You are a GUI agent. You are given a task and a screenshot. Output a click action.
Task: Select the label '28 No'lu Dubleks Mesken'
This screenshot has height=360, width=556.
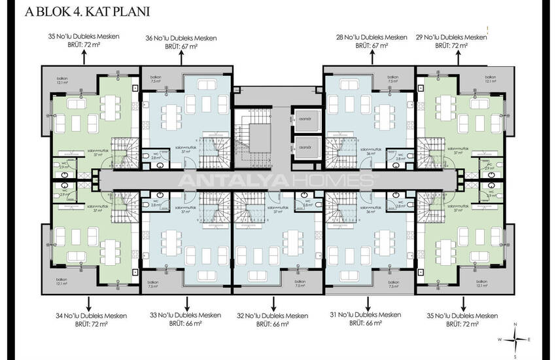[372, 38]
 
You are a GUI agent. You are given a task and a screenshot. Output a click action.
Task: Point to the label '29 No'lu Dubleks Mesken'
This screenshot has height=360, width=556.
[451, 37]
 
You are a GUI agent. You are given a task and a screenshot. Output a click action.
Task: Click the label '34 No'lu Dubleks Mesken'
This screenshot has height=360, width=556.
[91, 315]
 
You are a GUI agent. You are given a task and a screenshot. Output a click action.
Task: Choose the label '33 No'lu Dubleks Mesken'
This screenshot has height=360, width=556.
[186, 315]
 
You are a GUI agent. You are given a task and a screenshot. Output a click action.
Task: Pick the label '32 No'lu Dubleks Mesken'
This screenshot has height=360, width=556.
[273, 315]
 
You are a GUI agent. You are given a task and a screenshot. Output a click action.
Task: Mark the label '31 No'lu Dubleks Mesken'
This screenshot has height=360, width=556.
[366, 315]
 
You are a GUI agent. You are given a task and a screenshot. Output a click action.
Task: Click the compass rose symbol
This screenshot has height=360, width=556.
[516, 339]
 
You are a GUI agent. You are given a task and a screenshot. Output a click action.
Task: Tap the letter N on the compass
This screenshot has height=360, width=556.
[516, 325]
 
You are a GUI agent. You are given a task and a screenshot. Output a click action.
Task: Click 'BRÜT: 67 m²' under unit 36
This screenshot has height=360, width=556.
[181, 46]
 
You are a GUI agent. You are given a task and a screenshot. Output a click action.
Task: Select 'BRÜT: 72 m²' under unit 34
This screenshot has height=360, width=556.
[91, 324]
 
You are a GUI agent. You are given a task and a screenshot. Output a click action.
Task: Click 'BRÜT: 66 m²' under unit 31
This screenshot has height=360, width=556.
[366, 323]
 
